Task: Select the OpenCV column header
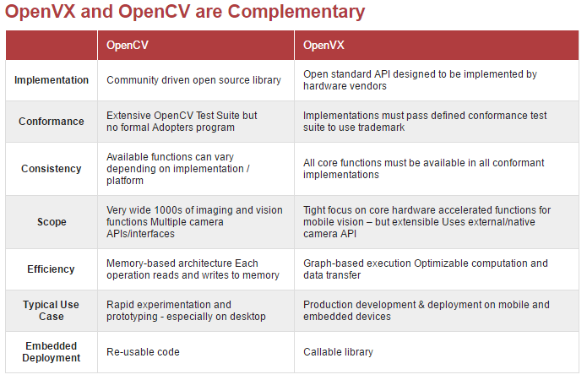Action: [x=128, y=46]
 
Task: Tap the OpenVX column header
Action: [x=323, y=46]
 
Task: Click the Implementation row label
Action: [x=52, y=80]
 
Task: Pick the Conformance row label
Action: [x=52, y=122]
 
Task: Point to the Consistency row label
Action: [x=52, y=169]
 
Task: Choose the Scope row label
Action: [x=52, y=222]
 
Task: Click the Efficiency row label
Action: [x=51, y=269]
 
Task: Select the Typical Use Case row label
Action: [x=51, y=311]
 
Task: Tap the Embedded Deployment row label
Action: [x=52, y=352]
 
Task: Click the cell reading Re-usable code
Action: [x=143, y=352]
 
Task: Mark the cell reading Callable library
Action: [x=338, y=352]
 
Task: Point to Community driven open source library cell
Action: [x=193, y=80]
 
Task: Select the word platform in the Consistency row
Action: [x=125, y=181]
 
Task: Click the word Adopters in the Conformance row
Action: [x=171, y=128]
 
